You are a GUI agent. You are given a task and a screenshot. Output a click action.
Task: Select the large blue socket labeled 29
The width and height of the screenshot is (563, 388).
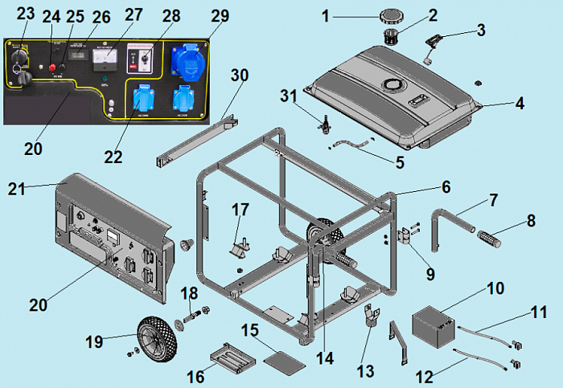(187, 59)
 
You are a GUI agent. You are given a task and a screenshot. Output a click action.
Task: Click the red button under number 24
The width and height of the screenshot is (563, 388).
(51, 68)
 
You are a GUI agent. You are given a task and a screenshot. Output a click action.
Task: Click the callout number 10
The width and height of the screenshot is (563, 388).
(495, 287)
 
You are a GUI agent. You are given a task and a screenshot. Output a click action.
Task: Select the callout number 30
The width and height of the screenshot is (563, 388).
(240, 75)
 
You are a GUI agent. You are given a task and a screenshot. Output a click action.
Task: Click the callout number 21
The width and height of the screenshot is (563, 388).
(18, 189)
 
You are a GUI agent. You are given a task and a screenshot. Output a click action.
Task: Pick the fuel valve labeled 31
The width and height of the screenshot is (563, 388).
(327, 125)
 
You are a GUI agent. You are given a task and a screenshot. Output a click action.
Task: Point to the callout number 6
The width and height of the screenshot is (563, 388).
(445, 186)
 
